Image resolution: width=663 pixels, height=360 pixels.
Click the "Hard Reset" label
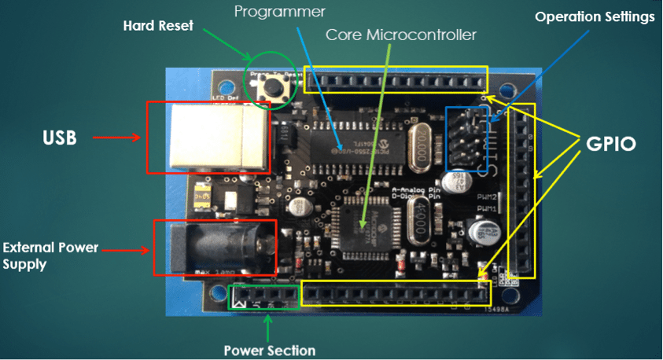[157, 25]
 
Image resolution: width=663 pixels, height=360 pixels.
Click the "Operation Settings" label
[595, 17]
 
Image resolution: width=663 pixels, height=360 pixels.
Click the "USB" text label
[60, 138]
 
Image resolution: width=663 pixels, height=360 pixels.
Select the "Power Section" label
[269, 351]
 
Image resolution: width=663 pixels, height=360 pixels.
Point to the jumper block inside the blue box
[470, 138]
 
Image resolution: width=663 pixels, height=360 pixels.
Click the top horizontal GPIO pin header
[396, 79]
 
